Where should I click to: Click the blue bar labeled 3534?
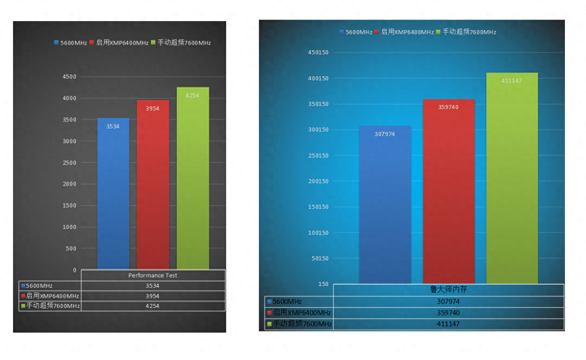113,193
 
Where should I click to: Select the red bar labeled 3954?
153,184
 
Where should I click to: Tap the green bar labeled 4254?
193,178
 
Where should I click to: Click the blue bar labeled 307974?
385,205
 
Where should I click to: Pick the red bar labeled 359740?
449,192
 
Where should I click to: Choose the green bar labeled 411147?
512,178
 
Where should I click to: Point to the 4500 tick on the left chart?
70,77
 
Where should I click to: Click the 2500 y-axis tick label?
70,163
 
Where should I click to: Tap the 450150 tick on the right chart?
318,53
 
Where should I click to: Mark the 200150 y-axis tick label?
318,181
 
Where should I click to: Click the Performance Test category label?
153,275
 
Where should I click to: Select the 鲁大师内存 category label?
449,290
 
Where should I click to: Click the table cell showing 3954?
153,296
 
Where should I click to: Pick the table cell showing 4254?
153,306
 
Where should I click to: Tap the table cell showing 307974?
448,301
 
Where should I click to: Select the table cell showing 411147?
448,324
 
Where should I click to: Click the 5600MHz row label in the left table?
37,285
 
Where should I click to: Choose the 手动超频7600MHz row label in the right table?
299,324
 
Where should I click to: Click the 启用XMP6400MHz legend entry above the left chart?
119,42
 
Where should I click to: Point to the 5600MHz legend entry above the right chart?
356,32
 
